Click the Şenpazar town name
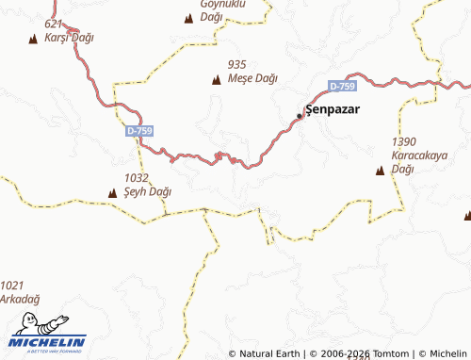[333, 109]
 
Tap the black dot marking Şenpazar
[300, 116]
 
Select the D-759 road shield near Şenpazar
[343, 87]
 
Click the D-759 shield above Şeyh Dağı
[138, 131]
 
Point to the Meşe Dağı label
[252, 78]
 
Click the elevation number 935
[236, 64]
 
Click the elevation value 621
[54, 24]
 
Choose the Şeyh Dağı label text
[148, 191]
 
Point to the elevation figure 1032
[137, 177]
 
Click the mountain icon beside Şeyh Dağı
[111, 192]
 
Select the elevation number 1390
[404, 141]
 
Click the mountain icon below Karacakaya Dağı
[381, 171]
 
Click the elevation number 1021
[12, 285]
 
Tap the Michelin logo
[47, 332]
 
